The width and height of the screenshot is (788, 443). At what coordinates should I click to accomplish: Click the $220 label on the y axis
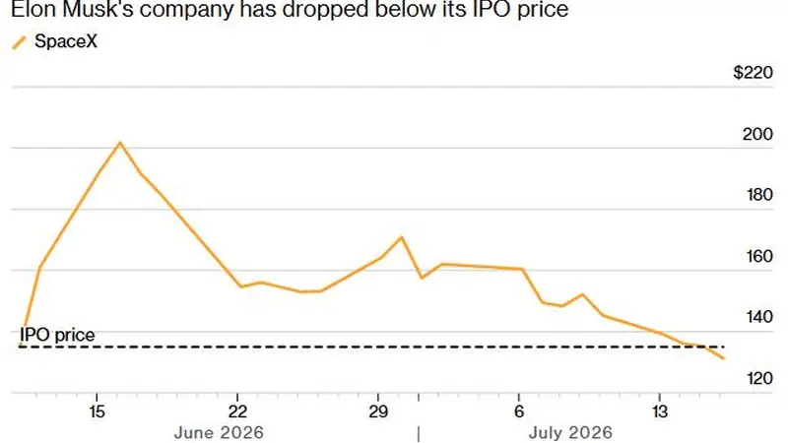coord(753,73)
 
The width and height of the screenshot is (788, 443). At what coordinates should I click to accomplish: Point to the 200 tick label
coord(757,134)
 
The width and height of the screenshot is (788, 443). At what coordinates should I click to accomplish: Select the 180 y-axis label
coord(757,195)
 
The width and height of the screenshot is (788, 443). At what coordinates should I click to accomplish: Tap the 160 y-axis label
coord(757,256)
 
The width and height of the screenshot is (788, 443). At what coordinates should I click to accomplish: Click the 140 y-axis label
coord(757,317)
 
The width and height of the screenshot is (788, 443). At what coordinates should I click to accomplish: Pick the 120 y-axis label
coord(759,378)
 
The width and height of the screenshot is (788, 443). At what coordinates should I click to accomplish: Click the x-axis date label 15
coord(97,411)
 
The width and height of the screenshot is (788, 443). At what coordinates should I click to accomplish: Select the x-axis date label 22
coord(237,411)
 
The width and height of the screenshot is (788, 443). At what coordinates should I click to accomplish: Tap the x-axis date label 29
coord(378,411)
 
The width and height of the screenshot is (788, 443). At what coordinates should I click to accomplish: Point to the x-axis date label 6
coord(519,411)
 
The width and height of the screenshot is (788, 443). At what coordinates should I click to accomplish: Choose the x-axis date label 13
coord(660,411)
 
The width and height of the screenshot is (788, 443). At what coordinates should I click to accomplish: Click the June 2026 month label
coord(219,433)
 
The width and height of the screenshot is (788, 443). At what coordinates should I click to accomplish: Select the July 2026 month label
coord(570,433)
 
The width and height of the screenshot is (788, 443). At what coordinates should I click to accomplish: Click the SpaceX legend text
coord(66,41)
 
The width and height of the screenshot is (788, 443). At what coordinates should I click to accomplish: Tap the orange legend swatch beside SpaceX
coord(19,43)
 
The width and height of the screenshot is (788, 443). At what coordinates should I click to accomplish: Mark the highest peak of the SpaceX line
coord(119,143)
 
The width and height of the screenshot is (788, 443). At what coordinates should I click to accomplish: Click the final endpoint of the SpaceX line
coord(724,358)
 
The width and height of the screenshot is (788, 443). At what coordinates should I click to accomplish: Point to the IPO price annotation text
coord(57,335)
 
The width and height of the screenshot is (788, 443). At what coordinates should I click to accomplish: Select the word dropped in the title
coord(325,10)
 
